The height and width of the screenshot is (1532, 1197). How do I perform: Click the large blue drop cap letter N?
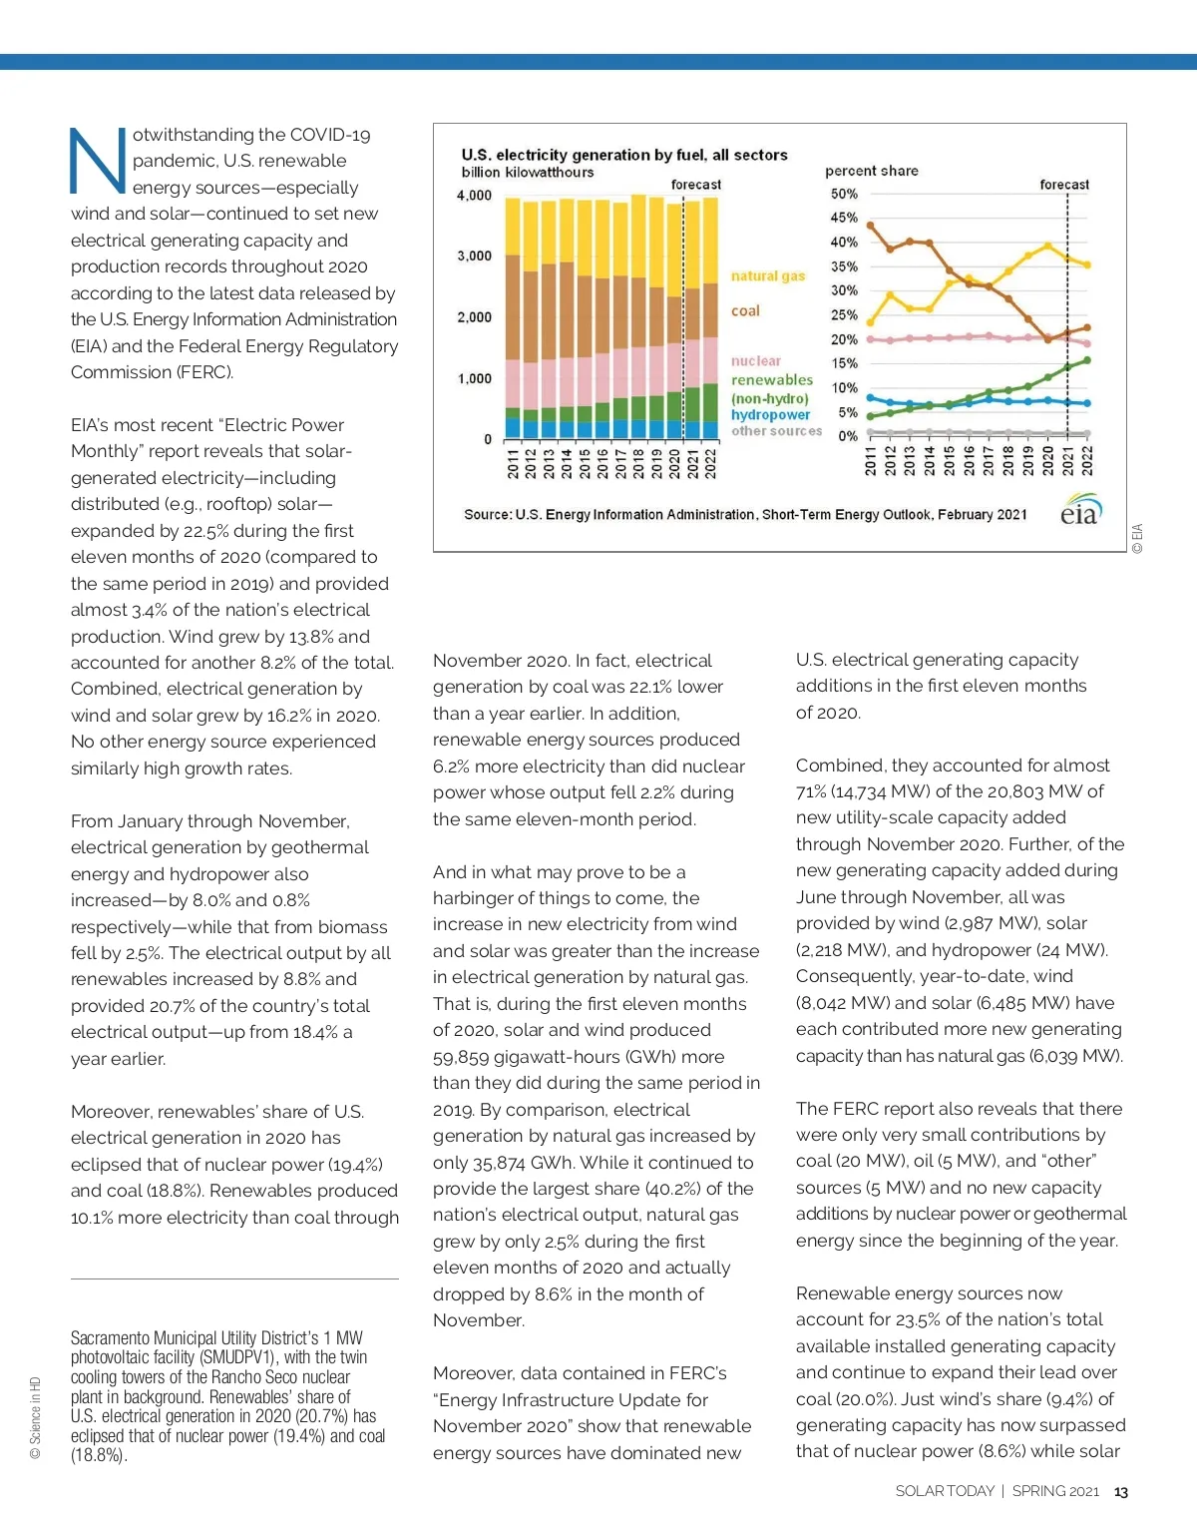[x=98, y=161]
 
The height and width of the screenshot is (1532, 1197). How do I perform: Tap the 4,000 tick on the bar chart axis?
[x=475, y=196]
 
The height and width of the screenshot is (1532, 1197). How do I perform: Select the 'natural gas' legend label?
[x=767, y=276]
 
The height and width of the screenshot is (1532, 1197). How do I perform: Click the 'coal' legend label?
[x=745, y=311]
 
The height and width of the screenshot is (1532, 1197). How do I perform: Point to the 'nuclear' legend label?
[x=756, y=361]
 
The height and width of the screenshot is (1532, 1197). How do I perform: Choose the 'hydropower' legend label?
[x=770, y=415]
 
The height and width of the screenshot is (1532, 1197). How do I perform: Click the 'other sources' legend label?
[x=776, y=431]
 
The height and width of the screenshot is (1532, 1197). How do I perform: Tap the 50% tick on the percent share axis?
[x=844, y=194]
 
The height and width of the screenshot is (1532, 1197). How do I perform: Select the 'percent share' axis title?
[x=871, y=171]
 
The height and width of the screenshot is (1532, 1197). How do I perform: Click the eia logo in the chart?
[x=1080, y=511]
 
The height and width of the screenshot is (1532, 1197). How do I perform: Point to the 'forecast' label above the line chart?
[x=1063, y=185]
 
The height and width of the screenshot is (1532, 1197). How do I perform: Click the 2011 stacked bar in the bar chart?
[x=513, y=319]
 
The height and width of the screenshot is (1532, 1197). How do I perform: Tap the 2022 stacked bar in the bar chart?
[x=710, y=319]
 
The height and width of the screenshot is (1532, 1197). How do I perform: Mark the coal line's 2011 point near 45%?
[x=870, y=226]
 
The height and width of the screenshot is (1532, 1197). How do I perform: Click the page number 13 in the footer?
[x=1120, y=1492]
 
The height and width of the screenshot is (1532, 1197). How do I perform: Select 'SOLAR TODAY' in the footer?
[x=945, y=1491]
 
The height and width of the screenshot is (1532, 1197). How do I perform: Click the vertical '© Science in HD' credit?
[x=36, y=1418]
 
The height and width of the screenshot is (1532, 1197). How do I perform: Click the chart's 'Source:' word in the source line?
[x=487, y=515]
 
